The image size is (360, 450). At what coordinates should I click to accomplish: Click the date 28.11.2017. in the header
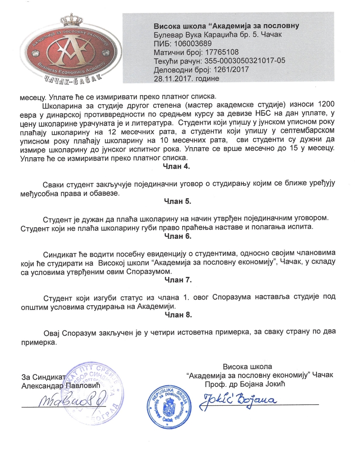pyautogui.click(x=171, y=78)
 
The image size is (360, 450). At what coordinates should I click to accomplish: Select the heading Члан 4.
pyautogui.click(x=176, y=166)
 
